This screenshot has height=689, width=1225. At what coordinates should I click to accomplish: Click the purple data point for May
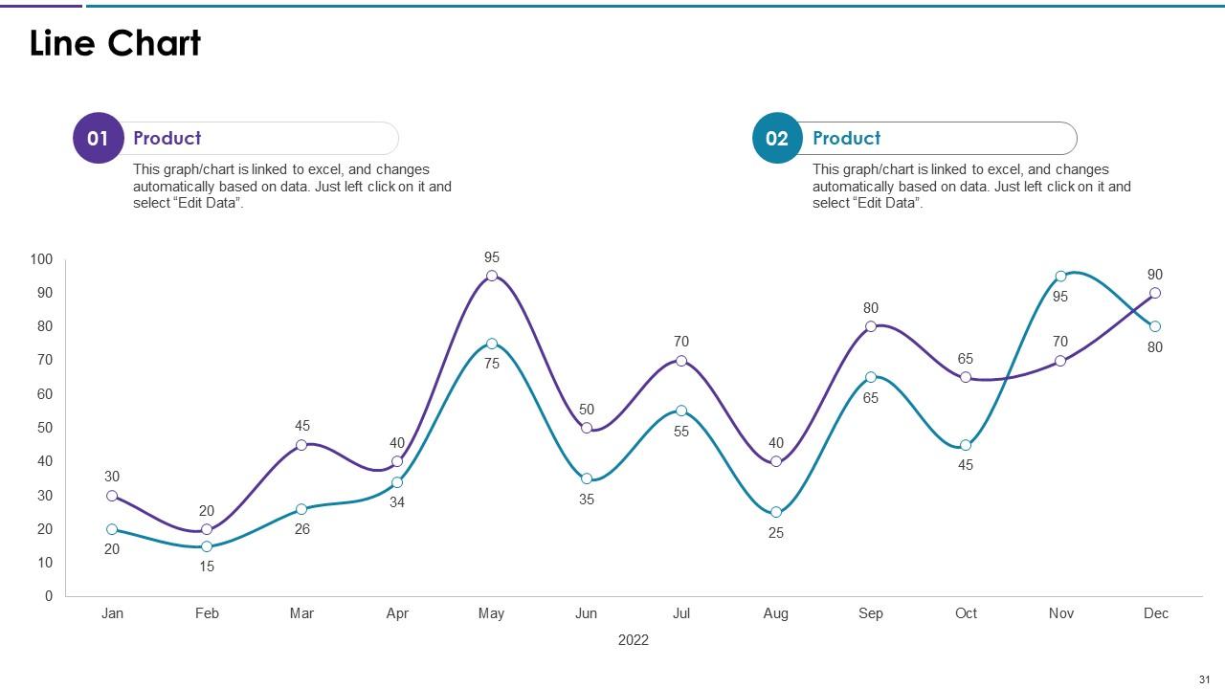(x=492, y=276)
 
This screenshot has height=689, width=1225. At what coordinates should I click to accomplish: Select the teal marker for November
(x=1060, y=277)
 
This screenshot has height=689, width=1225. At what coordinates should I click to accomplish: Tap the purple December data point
(x=1155, y=293)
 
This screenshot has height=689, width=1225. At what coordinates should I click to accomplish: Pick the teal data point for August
(x=776, y=512)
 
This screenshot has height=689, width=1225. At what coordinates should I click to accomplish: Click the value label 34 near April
(x=397, y=502)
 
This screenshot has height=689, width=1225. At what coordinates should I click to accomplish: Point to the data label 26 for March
(x=302, y=529)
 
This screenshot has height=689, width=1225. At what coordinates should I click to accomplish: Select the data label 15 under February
(x=207, y=567)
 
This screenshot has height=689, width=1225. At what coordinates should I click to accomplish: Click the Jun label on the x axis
(x=587, y=613)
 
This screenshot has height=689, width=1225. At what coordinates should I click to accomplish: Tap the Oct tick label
(x=966, y=613)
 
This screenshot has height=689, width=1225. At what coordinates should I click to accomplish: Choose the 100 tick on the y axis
(x=42, y=259)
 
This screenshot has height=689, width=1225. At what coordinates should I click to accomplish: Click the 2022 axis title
(x=634, y=640)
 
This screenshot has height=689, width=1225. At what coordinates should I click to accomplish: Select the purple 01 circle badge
(x=98, y=139)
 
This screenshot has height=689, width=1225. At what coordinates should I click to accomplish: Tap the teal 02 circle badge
(x=777, y=139)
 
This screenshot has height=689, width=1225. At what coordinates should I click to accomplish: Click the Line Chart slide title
(x=116, y=44)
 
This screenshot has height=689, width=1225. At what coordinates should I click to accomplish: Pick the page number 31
(x=1205, y=679)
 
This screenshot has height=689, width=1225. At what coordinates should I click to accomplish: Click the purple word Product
(x=167, y=139)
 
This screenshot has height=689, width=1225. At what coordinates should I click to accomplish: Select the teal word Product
(x=847, y=139)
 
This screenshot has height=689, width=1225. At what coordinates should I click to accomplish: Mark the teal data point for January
(x=112, y=529)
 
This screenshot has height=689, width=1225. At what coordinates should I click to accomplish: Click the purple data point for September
(x=871, y=326)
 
